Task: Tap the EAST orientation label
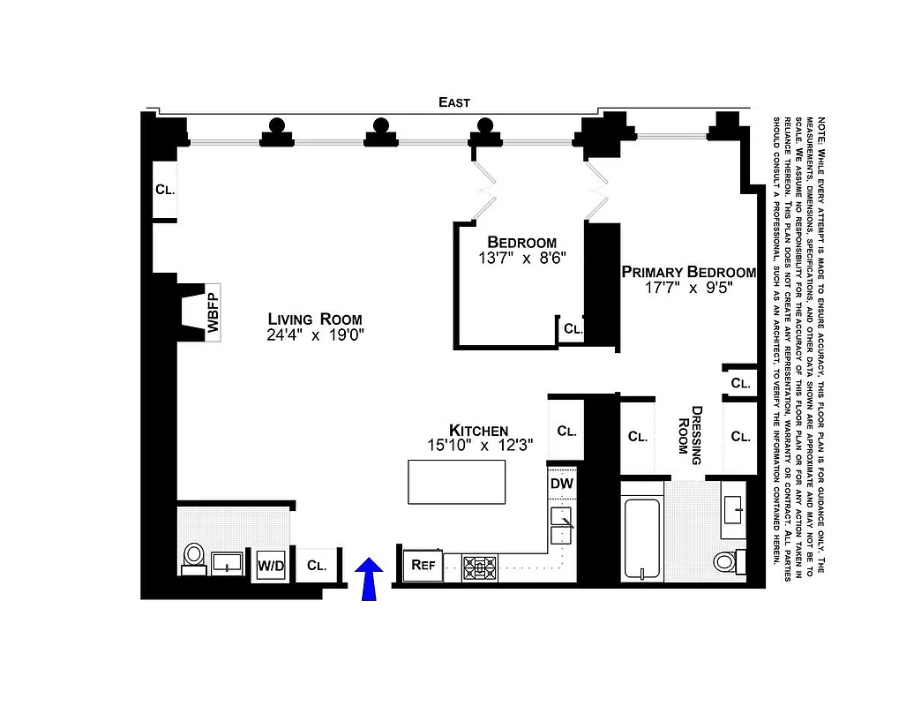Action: (454, 102)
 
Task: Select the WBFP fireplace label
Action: (213, 312)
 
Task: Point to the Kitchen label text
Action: (478, 430)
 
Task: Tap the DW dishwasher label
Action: (562, 484)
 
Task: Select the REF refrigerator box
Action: (423, 566)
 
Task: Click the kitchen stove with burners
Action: (480, 567)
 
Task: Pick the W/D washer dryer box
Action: (271, 565)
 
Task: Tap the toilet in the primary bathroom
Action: (728, 560)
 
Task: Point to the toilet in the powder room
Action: (194, 557)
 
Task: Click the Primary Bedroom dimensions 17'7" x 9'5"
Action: (688, 288)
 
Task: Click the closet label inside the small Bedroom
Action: (573, 328)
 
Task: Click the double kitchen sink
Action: (561, 525)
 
